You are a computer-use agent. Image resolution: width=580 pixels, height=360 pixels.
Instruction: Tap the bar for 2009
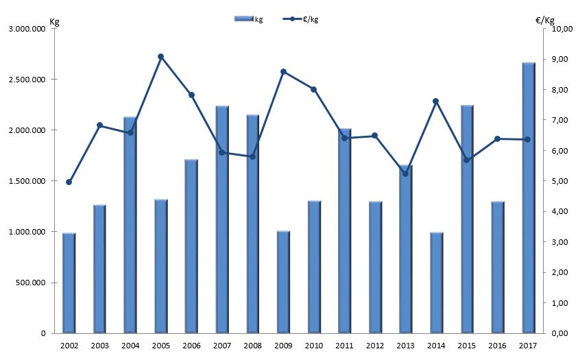(283, 282)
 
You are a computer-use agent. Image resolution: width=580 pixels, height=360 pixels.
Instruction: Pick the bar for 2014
(436, 283)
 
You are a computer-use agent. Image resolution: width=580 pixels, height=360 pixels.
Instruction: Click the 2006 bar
(191, 246)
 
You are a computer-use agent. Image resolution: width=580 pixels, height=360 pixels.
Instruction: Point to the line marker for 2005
(160, 57)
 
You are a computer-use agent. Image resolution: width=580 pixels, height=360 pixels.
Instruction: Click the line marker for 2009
(283, 72)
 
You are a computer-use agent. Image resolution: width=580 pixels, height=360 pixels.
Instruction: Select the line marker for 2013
(405, 173)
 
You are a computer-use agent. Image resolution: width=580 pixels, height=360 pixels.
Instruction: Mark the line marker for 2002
(69, 182)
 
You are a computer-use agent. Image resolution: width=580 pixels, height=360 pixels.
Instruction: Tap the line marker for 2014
(436, 101)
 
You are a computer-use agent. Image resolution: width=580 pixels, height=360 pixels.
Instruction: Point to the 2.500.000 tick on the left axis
(26, 80)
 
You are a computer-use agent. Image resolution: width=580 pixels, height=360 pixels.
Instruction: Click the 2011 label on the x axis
(344, 346)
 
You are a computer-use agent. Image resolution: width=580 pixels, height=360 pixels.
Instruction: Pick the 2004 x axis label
(130, 346)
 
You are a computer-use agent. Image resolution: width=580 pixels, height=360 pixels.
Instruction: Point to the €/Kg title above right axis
(546, 21)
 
